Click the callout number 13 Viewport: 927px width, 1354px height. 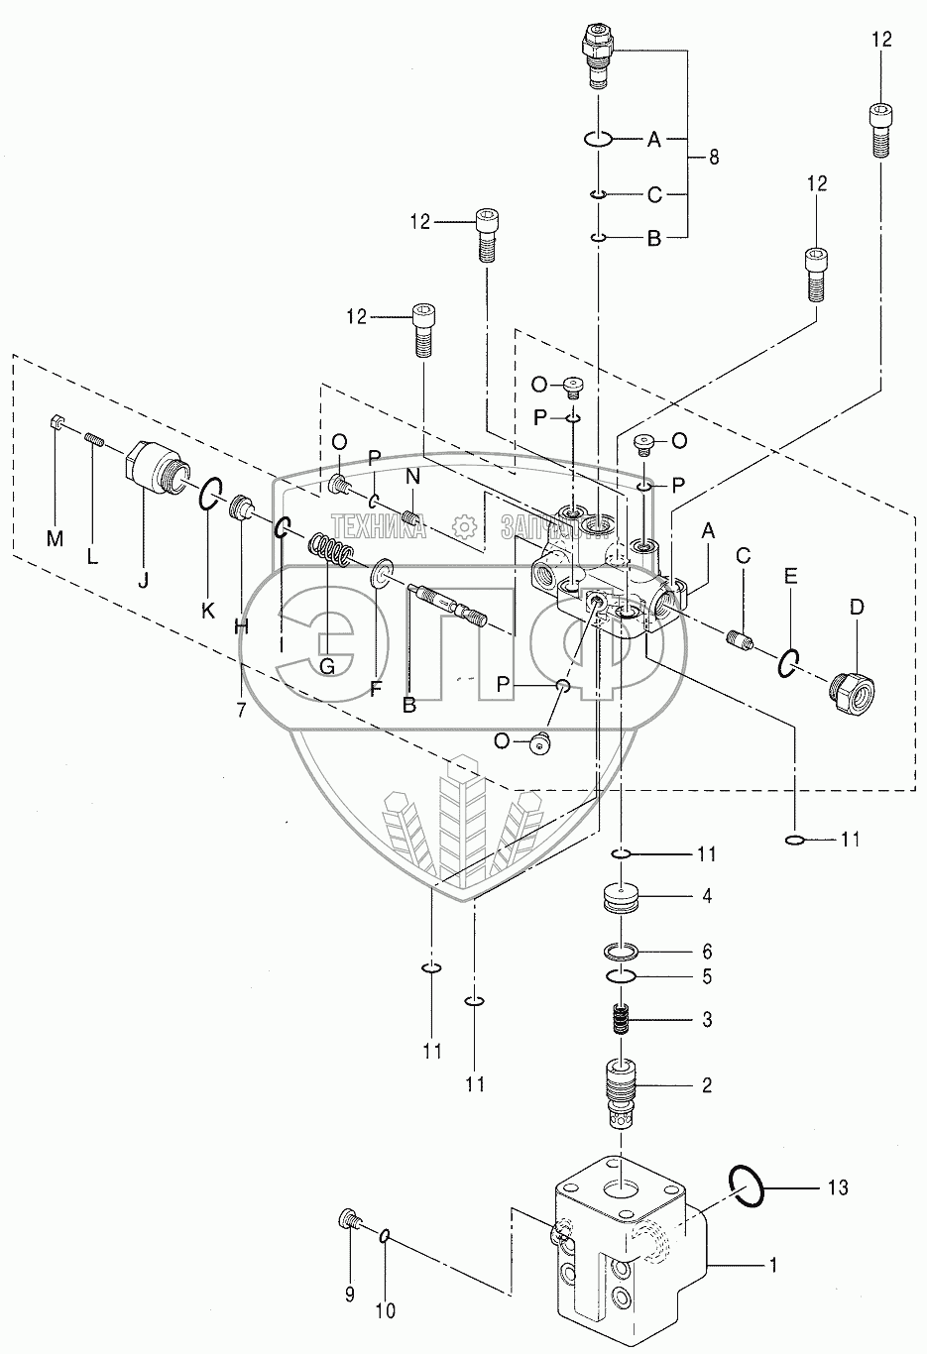pyautogui.click(x=838, y=1187)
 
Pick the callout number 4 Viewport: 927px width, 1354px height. pyautogui.click(x=707, y=896)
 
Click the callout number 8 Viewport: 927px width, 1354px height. pyautogui.click(x=714, y=158)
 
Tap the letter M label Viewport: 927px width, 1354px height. pyautogui.click(x=56, y=538)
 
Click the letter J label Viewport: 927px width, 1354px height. pyautogui.click(x=144, y=581)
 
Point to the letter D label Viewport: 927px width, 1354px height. pyautogui.click(x=858, y=608)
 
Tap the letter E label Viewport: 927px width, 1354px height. pyautogui.click(x=790, y=576)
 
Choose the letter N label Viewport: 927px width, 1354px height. pyautogui.click(x=412, y=477)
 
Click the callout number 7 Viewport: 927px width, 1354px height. pyautogui.click(x=241, y=711)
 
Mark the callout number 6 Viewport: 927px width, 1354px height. pyautogui.click(x=707, y=952)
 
